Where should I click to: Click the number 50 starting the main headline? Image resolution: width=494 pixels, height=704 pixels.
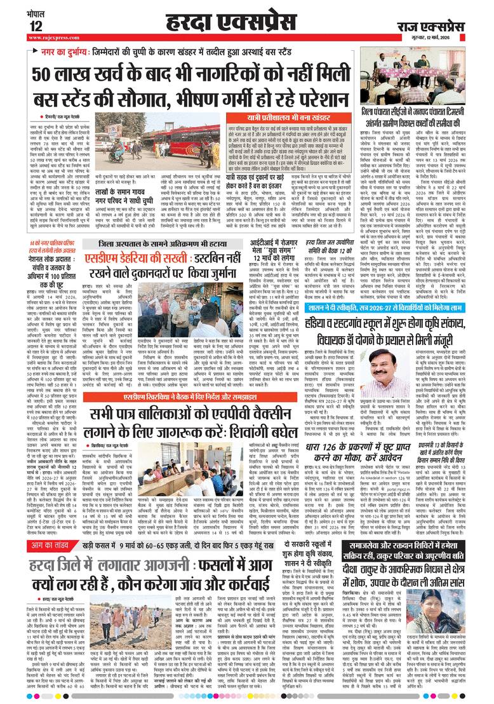coord(45,74)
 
